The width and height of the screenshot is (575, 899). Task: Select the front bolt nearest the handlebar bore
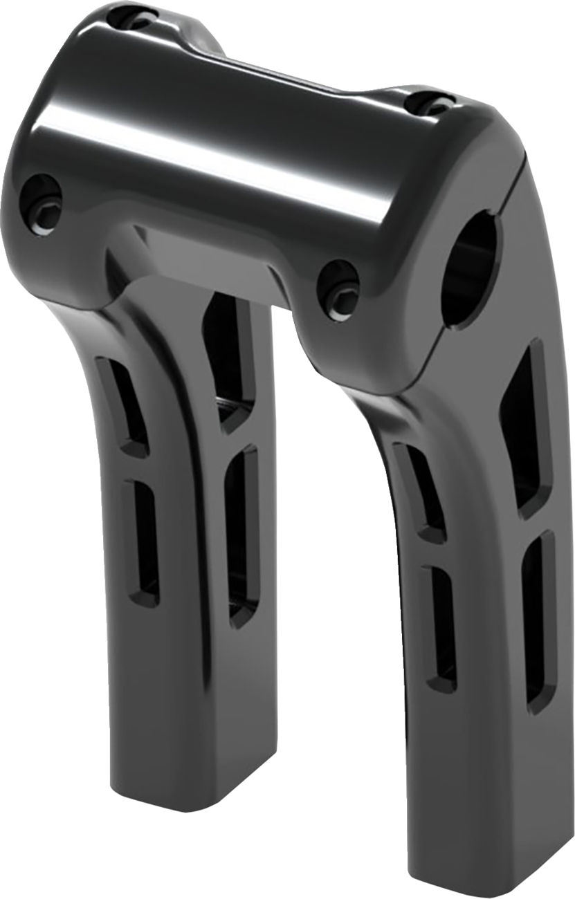(x=340, y=284)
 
